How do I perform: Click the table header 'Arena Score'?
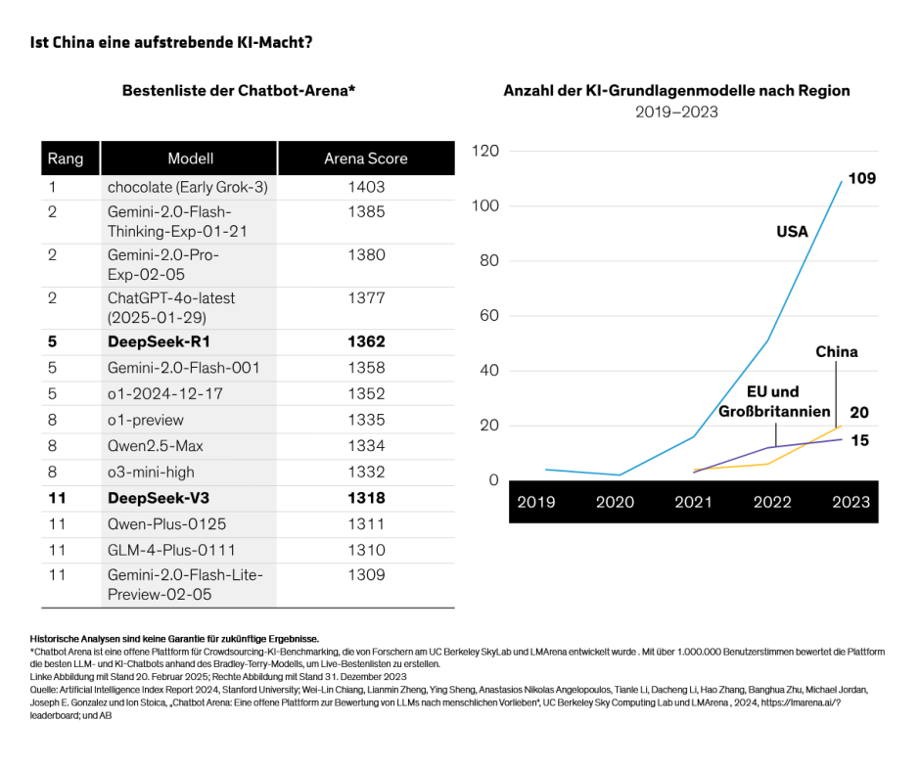pos(366,158)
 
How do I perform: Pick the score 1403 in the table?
pos(366,187)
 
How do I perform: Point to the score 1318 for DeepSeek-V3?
pos(366,498)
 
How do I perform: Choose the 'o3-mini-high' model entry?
pos(151,473)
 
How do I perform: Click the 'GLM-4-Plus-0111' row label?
pos(171,550)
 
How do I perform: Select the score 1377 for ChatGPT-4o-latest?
pos(366,298)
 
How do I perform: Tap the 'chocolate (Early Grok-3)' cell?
pos(187,187)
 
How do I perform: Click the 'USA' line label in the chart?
pos(792,232)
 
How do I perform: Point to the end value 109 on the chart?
pos(861,179)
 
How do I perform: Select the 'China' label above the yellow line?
pos(836,352)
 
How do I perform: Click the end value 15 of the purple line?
pos(859,441)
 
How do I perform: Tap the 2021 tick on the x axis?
pos(693,502)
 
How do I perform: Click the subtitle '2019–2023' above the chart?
pos(676,113)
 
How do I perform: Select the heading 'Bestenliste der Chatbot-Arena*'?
pos(239,91)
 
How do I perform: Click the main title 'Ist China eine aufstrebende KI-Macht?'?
pos(172,43)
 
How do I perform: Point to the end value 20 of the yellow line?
pos(859,413)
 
